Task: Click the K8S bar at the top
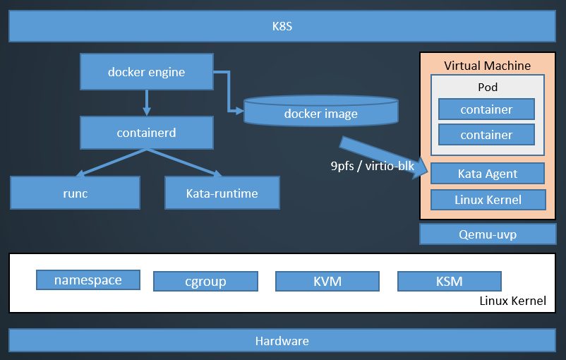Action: coord(282,28)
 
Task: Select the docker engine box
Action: coord(147,72)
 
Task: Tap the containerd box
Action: coord(147,133)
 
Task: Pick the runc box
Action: coord(75,193)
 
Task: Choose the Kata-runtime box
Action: coord(222,193)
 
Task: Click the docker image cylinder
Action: coord(321,113)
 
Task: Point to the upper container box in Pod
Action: coord(486,109)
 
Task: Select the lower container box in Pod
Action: coord(486,134)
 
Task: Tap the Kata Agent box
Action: coord(488,174)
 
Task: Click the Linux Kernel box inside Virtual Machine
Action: coord(488,200)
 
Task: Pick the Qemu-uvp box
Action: coord(488,234)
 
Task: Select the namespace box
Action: coord(88,280)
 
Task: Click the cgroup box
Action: coord(205,282)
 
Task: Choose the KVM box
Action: coord(327,282)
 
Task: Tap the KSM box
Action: coord(450,282)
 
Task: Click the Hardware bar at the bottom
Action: coord(282,340)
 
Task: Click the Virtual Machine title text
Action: coord(487,66)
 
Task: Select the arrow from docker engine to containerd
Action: coord(147,102)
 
